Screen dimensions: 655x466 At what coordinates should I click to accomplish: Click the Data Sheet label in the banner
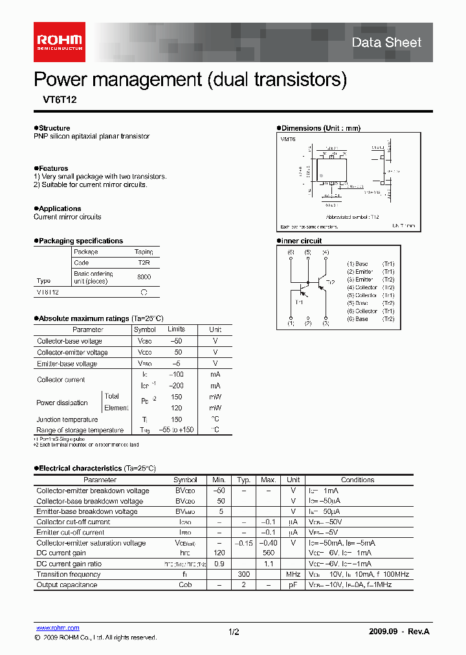[386, 43]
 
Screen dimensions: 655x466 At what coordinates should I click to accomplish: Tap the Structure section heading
[54, 128]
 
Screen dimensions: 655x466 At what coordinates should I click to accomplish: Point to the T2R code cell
[144, 263]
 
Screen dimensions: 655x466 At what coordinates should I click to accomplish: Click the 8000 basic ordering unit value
[144, 277]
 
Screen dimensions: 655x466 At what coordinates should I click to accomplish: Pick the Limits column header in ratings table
[176, 329]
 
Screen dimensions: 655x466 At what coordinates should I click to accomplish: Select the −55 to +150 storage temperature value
[176, 430]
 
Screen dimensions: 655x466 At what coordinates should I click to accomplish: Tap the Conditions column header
[357, 480]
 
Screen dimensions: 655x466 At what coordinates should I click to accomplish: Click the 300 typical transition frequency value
[243, 574]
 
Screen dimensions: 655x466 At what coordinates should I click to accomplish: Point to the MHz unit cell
[293, 574]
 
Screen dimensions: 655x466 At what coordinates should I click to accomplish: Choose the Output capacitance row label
[67, 584]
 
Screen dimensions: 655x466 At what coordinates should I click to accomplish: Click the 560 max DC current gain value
[269, 553]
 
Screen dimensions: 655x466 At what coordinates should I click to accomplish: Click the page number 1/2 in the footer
[234, 632]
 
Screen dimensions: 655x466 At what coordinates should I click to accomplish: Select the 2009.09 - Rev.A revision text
[399, 632]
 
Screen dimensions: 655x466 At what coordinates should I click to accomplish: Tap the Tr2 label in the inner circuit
[330, 282]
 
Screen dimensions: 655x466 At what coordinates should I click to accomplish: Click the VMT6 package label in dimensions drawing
[288, 139]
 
